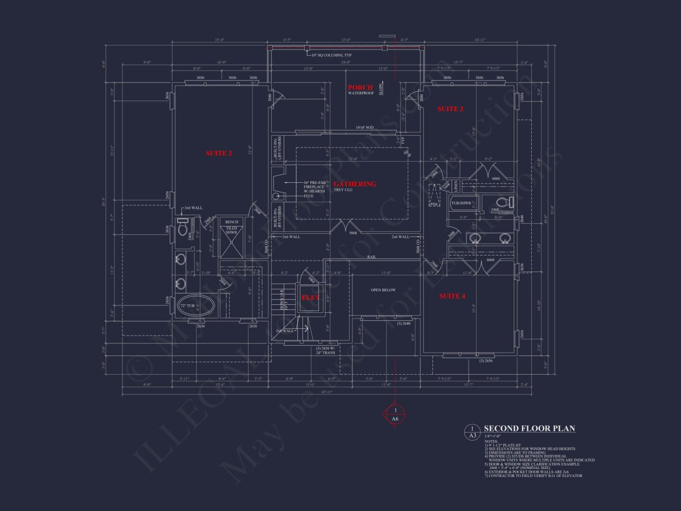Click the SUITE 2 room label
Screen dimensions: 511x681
(x=218, y=153)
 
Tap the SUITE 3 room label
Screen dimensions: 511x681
(x=450, y=108)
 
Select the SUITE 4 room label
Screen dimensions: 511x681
(x=452, y=296)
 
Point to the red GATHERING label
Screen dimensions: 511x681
(x=355, y=184)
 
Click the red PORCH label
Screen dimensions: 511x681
(x=360, y=87)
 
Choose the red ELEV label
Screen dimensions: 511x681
(x=310, y=297)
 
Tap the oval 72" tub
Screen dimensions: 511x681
(x=196, y=307)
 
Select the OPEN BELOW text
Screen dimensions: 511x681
(x=383, y=290)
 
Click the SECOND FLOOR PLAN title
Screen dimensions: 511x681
(x=529, y=429)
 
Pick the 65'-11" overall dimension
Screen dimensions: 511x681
(x=327, y=392)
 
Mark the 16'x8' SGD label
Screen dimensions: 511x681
(x=364, y=128)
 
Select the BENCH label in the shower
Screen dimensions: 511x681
(x=231, y=222)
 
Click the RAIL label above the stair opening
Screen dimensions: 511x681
(x=372, y=257)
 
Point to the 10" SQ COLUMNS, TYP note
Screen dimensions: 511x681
(x=331, y=55)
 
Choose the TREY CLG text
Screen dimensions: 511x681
(x=342, y=190)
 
